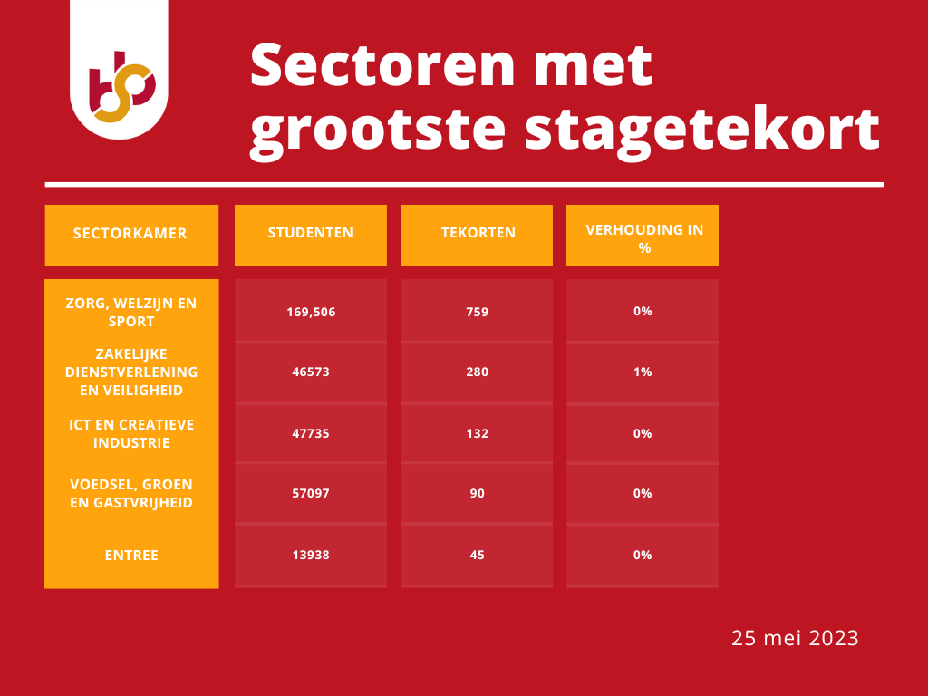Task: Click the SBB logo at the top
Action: [122, 87]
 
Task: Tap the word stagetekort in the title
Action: [702, 130]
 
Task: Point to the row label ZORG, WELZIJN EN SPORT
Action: [131, 312]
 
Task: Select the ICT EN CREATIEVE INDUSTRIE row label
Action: [131, 433]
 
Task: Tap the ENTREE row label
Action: [131, 556]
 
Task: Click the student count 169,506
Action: [311, 312]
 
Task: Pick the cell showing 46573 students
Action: [311, 372]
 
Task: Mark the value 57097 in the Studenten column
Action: [311, 493]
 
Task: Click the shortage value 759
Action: [477, 312]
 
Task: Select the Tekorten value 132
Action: [477, 433]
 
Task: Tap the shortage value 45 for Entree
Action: [477, 556]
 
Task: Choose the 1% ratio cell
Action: [643, 372]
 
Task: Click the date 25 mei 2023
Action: [795, 638]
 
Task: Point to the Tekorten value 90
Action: [477, 493]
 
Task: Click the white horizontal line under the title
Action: [464, 185]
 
